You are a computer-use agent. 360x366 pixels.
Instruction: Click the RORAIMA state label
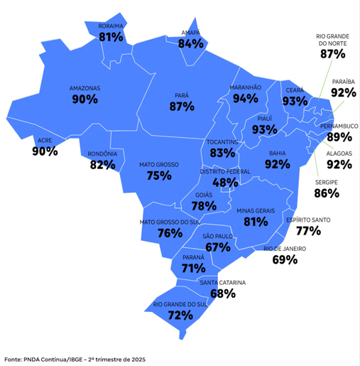point(111,26)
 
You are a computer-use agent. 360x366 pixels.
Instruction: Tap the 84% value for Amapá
point(191,44)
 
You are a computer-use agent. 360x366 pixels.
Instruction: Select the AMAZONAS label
point(84,88)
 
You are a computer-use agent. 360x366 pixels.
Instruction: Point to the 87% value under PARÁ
point(182,107)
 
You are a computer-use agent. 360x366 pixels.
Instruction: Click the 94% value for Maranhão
point(246,98)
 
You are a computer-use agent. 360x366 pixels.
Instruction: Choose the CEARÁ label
point(295,91)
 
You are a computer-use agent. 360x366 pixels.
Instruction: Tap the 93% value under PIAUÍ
point(264,129)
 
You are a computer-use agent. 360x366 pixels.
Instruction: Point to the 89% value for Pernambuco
point(339,136)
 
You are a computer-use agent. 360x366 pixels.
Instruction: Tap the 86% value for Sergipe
point(327,193)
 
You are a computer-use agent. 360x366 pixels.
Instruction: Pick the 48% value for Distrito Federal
point(225,183)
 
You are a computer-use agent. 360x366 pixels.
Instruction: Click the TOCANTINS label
point(222,143)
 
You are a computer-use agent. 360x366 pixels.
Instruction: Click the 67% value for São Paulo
point(218,247)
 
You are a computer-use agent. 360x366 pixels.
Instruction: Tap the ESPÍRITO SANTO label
point(309,220)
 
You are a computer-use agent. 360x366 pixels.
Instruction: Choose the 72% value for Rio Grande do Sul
point(180,315)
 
